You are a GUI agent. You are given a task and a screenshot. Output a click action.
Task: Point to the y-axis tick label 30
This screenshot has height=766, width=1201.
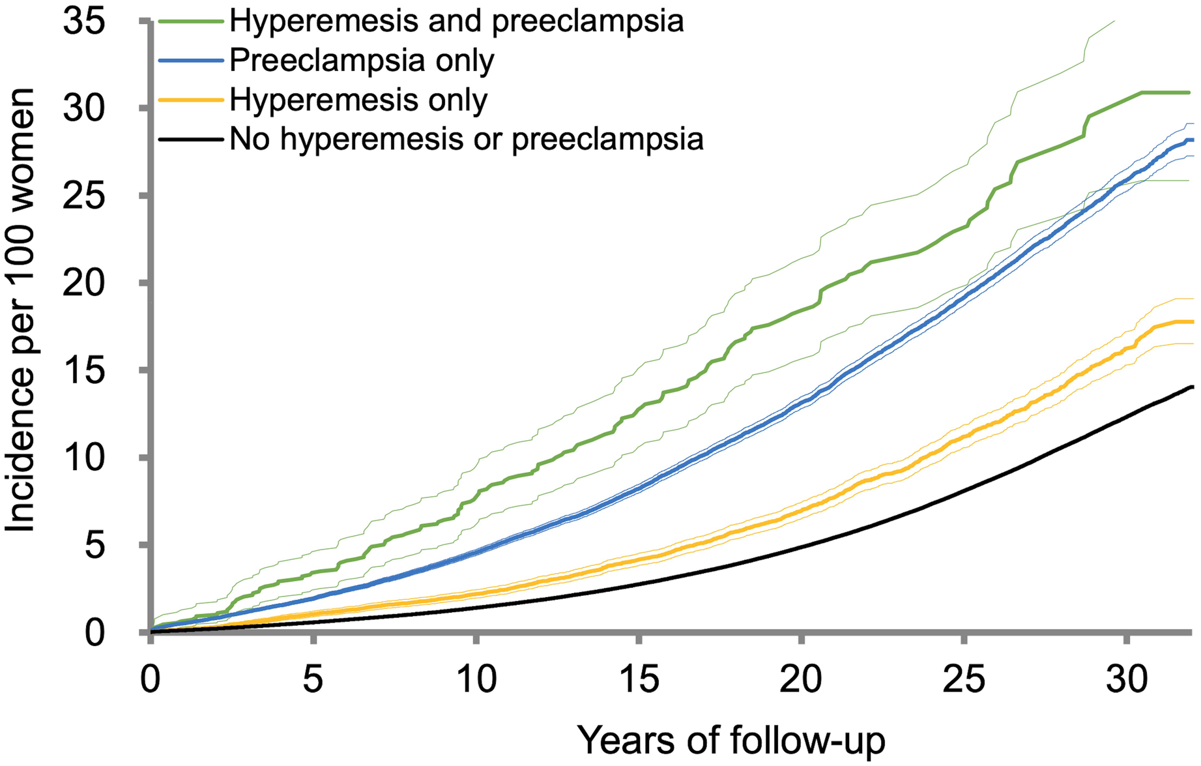coord(84,109)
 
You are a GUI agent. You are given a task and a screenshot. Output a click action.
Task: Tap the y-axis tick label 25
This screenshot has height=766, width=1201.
coord(84,196)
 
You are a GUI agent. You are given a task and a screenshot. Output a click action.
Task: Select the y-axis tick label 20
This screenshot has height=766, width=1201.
coord(84,283)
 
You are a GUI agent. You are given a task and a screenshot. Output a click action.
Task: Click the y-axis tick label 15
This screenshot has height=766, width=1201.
coord(84,370)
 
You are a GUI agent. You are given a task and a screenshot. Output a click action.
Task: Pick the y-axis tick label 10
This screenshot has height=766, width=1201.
coord(84,458)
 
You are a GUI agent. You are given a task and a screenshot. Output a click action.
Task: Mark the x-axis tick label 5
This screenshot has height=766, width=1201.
coord(313,679)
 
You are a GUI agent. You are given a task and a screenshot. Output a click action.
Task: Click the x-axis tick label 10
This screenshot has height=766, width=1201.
coord(476,679)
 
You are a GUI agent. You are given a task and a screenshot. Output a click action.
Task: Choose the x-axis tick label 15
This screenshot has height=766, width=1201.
coord(639,679)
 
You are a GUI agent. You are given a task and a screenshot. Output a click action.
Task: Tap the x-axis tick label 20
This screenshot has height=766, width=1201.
coord(802,679)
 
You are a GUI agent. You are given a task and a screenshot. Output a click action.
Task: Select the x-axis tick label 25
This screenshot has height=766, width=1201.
coord(964,679)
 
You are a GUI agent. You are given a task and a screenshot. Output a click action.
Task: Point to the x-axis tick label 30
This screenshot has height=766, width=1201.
coord(1127,679)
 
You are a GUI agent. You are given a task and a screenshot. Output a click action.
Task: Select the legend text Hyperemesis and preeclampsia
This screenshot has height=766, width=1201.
coord(456,22)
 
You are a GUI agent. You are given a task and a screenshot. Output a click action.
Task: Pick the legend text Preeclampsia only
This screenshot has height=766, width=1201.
coord(362,61)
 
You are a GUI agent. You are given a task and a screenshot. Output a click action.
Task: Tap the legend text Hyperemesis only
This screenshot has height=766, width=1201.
coord(358,100)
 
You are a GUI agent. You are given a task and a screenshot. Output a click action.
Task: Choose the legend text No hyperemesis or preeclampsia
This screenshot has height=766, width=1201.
coord(467,139)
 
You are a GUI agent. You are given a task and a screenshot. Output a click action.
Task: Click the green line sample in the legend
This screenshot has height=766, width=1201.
coord(190,22)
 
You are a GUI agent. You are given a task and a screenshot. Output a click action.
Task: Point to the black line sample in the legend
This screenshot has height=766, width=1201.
coord(190,139)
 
